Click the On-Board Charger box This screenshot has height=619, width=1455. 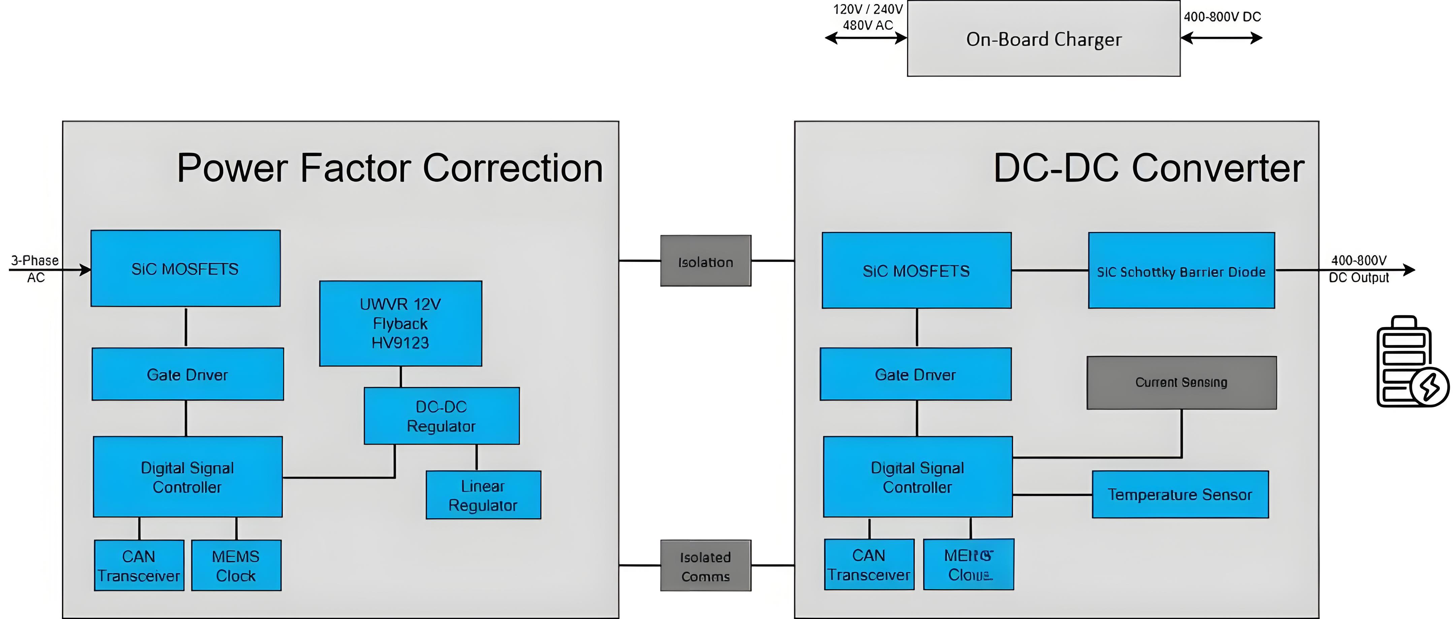point(1043,39)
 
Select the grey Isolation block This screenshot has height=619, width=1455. point(706,261)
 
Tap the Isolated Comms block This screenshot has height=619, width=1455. point(706,566)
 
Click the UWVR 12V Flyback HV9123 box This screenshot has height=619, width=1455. point(400,323)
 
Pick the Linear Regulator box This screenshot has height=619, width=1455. point(483,495)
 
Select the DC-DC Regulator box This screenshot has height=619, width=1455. point(441,416)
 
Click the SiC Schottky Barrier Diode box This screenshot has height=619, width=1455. point(1181,271)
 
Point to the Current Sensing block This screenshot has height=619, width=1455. point(1181,383)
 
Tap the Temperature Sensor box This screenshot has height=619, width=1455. point(1180,495)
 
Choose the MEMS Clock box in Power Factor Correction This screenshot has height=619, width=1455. point(236,566)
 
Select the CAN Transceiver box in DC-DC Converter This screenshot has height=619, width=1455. point(869,565)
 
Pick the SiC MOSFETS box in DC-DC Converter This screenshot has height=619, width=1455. point(916,271)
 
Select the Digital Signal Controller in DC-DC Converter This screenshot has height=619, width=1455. point(917,477)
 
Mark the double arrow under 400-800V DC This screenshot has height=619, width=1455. point(1221,38)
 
